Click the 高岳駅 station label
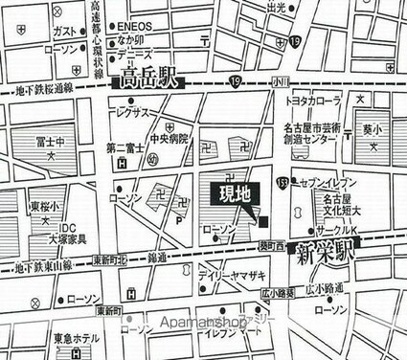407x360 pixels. pos(147,81)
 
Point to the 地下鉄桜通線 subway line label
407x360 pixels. pos(38,87)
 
